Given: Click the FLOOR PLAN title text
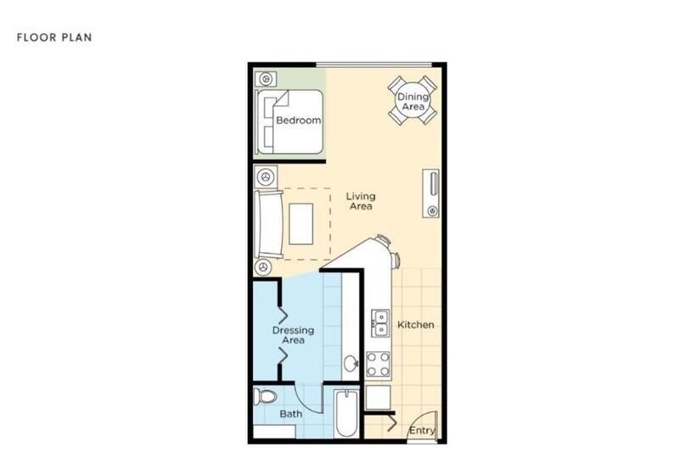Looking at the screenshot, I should (x=54, y=37).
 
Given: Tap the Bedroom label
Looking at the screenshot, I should (x=299, y=120).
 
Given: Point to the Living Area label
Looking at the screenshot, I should (x=361, y=201).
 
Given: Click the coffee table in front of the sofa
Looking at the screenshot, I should (x=301, y=224).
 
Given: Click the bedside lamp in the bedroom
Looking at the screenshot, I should (x=266, y=79).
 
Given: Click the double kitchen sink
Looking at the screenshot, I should (x=381, y=322).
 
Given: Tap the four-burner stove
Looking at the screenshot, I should (x=379, y=364).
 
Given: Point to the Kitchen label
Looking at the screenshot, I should (x=416, y=325).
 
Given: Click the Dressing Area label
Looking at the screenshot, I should (x=294, y=335).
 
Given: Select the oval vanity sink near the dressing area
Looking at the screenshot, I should (x=351, y=365).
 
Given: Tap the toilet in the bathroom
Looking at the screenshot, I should (x=268, y=396).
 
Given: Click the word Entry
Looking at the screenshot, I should (x=422, y=431).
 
